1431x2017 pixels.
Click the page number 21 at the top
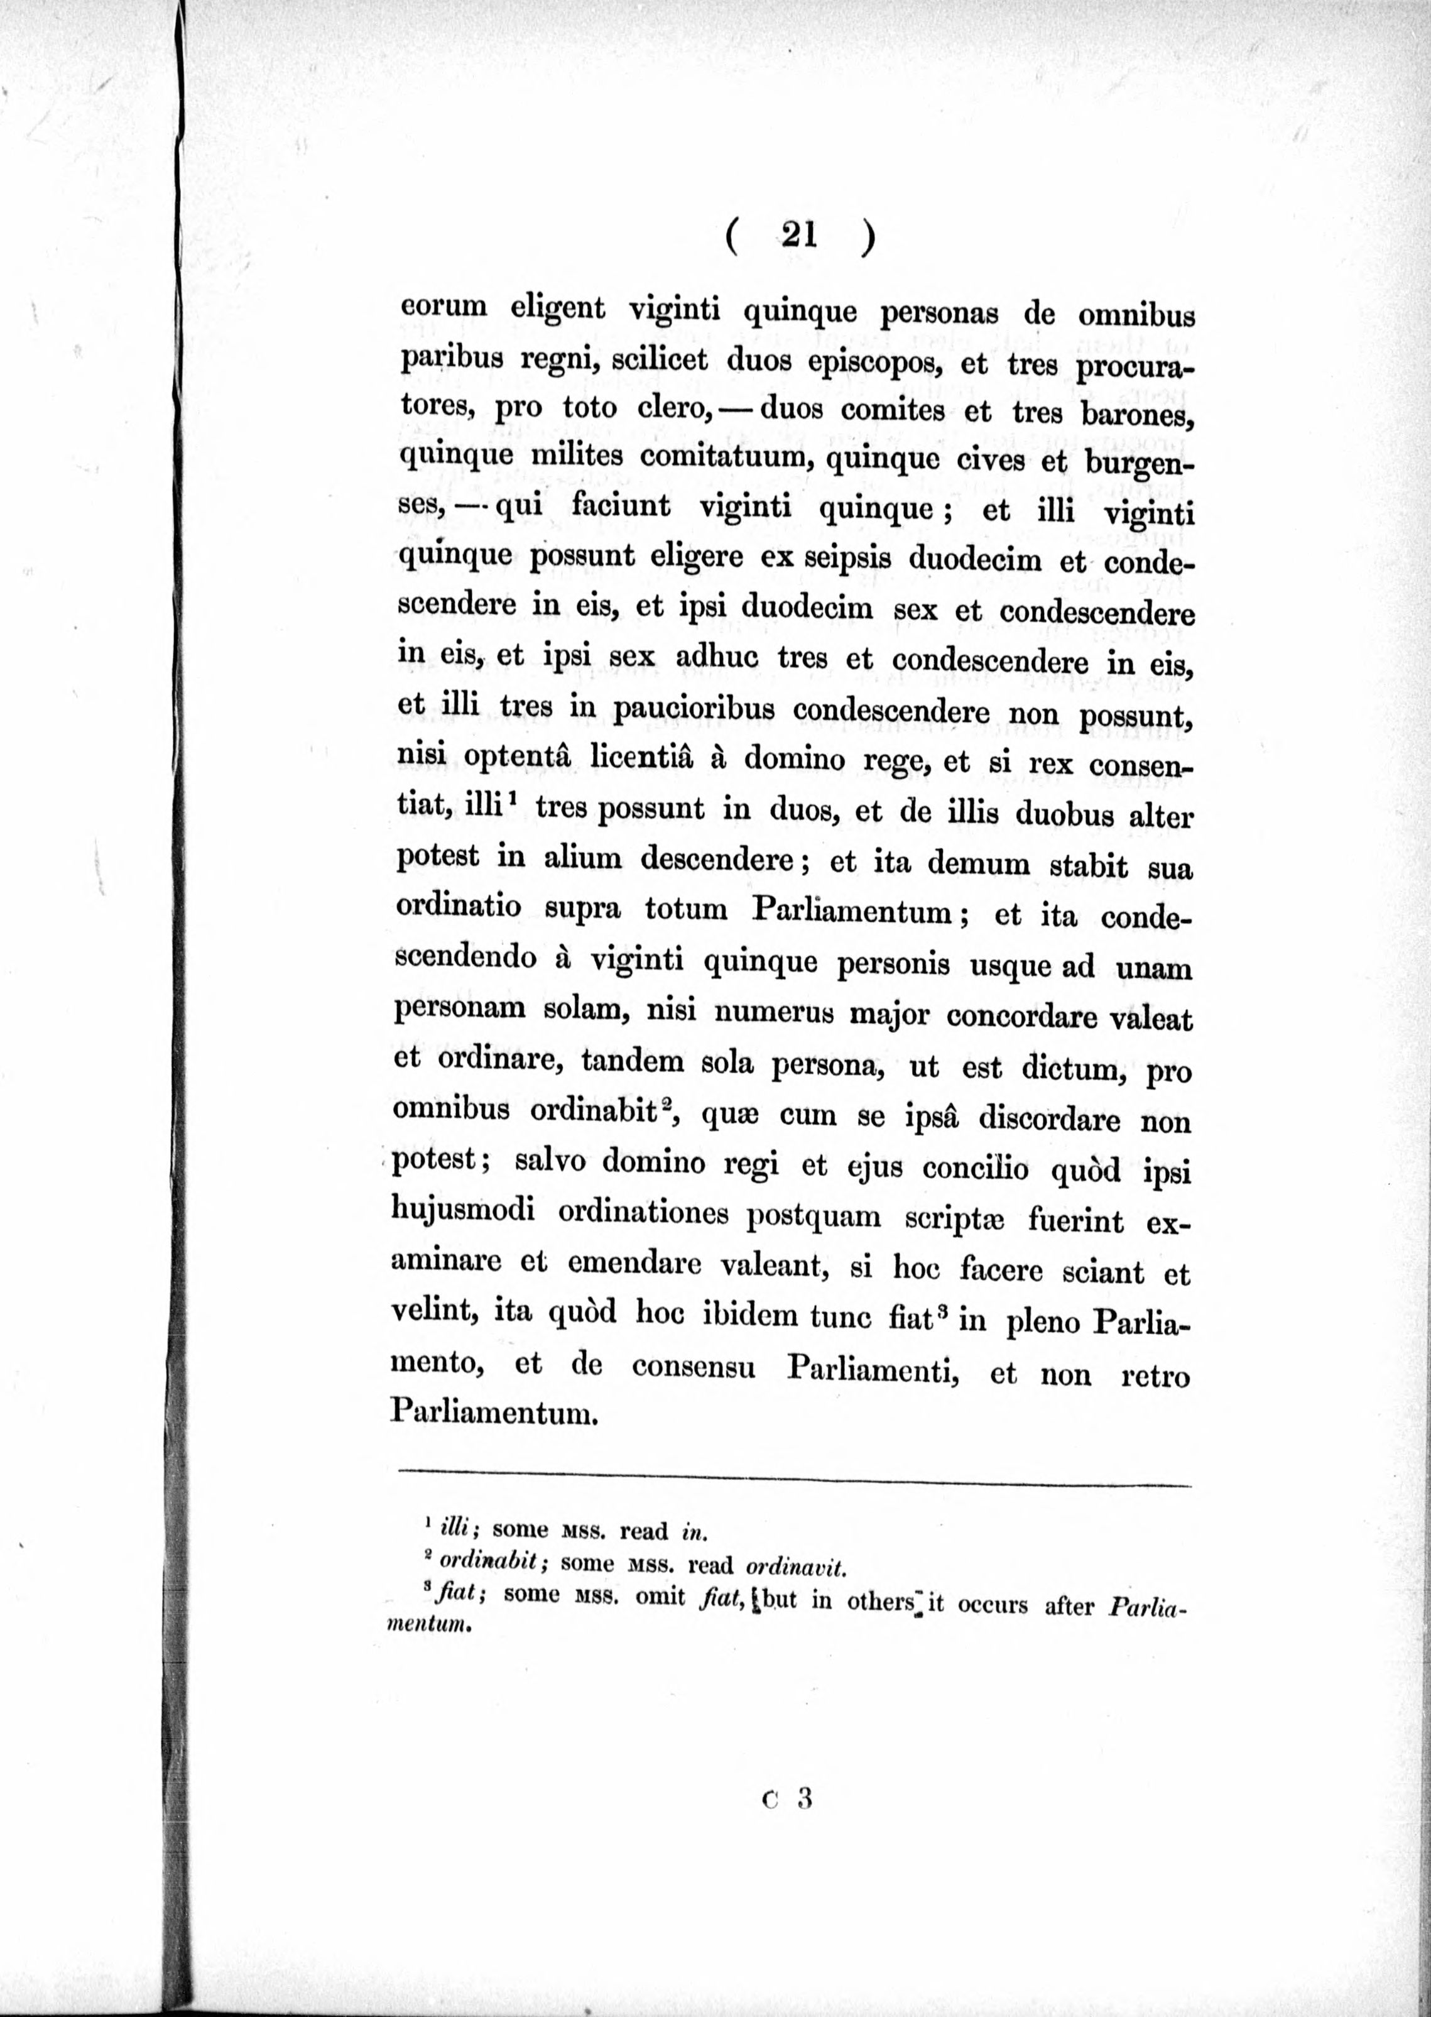[x=799, y=235]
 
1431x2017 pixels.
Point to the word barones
[x=1140, y=414]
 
